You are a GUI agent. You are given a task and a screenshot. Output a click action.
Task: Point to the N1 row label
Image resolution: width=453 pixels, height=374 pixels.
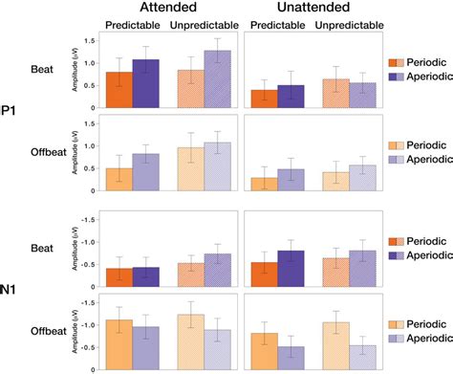click(x=8, y=285)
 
